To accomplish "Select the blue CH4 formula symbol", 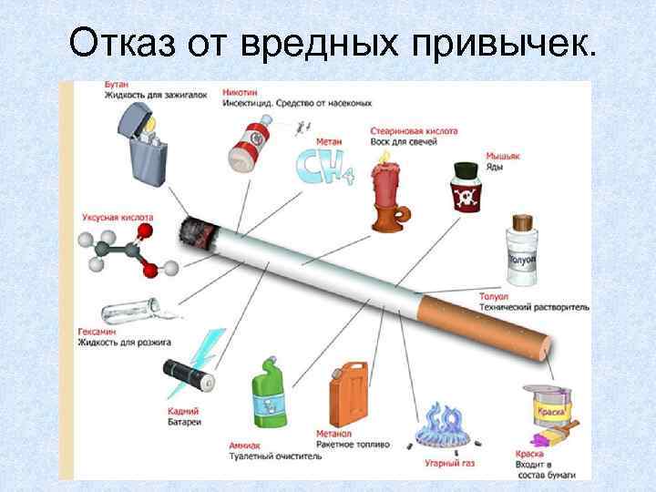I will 320,169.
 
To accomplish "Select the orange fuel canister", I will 348,393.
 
